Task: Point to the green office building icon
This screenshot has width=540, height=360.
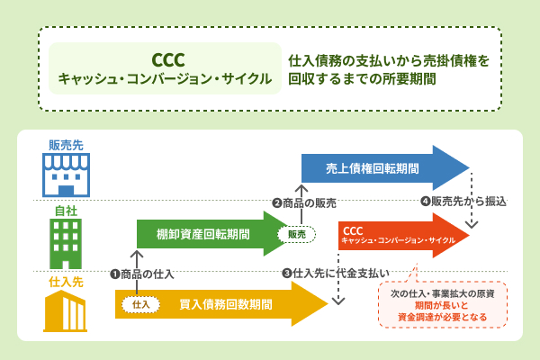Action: [x=65, y=242]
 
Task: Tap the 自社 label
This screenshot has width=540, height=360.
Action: [x=65, y=211]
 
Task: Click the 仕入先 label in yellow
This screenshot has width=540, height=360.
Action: [x=65, y=282]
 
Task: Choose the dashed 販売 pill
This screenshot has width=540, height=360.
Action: [x=296, y=234]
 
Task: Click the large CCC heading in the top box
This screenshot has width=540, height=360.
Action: [x=166, y=59]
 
